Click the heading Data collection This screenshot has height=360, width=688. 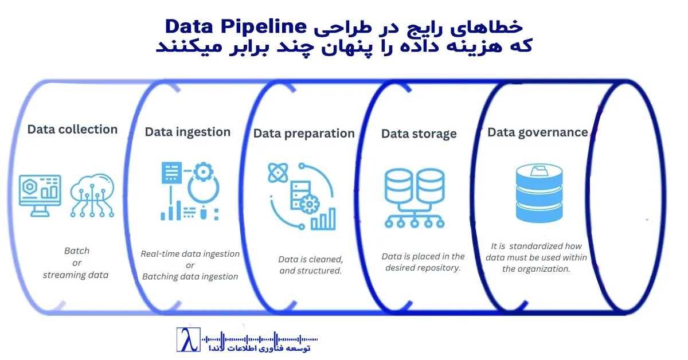click(x=72, y=130)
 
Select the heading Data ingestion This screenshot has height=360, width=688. click(x=187, y=132)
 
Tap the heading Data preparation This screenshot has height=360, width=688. click(x=304, y=134)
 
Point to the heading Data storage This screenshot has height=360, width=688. click(x=419, y=134)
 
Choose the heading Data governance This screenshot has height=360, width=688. click(x=538, y=132)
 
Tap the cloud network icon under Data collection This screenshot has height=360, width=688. click(x=92, y=195)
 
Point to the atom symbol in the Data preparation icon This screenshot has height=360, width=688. click(x=278, y=173)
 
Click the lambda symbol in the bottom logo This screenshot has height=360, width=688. click(x=187, y=340)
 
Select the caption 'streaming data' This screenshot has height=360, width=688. click(x=76, y=275)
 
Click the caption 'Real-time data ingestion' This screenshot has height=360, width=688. click(x=190, y=253)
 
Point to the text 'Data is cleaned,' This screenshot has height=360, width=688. click(x=311, y=259)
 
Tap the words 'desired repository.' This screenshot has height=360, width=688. click(x=423, y=268)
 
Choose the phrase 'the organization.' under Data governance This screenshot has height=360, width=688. click(x=536, y=269)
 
